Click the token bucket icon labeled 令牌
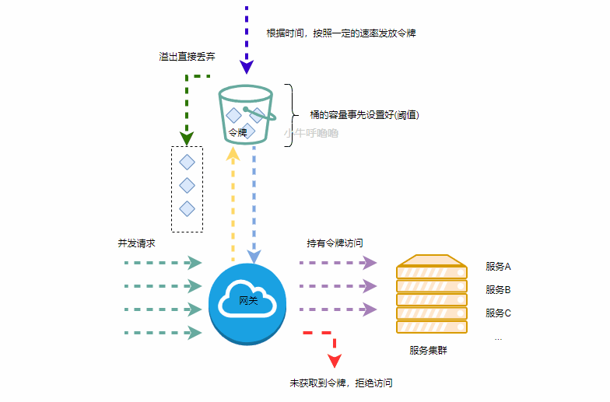[247, 116]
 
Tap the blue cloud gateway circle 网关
[247, 300]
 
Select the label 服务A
[497, 267]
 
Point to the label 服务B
[497, 290]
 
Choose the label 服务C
[497, 313]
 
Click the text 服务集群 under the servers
[428, 351]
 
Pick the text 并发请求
[136, 243]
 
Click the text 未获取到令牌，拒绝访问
[341, 383]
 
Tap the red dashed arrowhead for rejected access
[335, 361]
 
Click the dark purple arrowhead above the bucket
[247, 65]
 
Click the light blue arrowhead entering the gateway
[254, 256]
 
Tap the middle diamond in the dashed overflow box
[187, 185]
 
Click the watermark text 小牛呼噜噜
[311, 134]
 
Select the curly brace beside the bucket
[290, 114]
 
